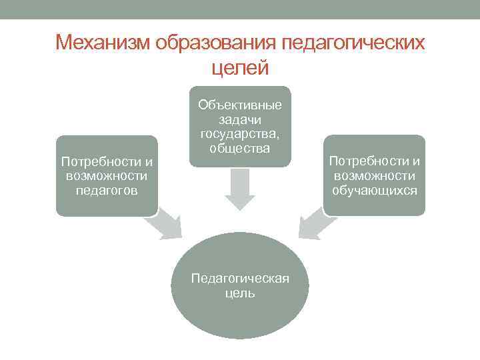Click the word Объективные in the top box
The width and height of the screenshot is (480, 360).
240,105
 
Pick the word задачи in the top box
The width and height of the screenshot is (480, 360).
240,119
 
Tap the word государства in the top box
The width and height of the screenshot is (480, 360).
238,133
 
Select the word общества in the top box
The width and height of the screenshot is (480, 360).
240,148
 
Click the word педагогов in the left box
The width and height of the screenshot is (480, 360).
107,191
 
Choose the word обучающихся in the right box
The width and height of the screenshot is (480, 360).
375,190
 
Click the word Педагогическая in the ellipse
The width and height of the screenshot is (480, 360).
240,278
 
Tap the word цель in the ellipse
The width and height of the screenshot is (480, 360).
240,293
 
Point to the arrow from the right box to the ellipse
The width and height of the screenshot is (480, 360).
314,225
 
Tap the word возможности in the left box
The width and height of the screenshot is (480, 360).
107,176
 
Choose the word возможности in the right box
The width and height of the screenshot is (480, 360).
375,175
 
